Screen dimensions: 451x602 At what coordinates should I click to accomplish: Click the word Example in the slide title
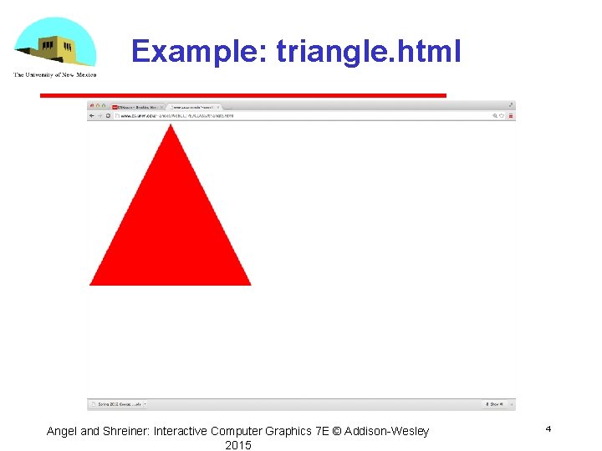(197, 52)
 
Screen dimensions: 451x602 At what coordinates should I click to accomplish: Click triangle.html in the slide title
(368, 52)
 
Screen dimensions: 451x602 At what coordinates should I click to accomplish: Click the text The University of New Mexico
(55, 75)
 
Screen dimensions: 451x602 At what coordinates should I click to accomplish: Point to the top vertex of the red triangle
(171, 125)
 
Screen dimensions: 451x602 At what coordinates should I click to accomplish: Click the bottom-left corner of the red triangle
(91, 284)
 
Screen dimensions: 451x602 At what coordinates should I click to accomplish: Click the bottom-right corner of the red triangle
(249, 284)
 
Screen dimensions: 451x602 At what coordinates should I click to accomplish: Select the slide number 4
(548, 428)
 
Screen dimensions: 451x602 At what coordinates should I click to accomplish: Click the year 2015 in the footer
(237, 445)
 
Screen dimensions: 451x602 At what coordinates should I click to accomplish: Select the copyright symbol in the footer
(336, 431)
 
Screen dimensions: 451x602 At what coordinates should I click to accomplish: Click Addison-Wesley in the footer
(386, 431)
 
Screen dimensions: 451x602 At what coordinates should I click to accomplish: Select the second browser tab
(193, 107)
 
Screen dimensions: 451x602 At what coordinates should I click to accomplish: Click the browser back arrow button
(91, 116)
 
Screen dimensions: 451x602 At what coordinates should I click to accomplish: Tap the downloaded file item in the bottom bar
(117, 404)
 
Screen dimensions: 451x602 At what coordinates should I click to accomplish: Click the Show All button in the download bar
(496, 404)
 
